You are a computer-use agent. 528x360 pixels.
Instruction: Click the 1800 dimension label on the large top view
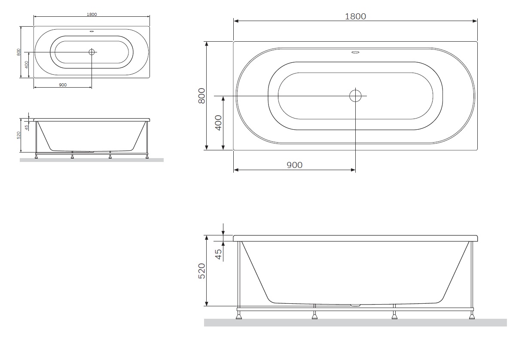click(x=355, y=16)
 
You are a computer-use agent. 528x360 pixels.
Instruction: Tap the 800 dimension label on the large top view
click(x=202, y=96)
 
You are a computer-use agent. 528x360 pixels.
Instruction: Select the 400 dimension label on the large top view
click(x=219, y=122)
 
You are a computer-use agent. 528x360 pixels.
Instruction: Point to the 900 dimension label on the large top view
click(x=294, y=165)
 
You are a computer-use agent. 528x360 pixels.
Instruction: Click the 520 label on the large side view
click(x=202, y=271)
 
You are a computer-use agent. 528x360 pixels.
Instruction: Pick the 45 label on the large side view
click(x=219, y=254)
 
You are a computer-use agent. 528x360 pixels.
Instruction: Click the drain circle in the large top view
click(x=355, y=96)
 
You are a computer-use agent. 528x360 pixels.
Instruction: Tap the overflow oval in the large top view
click(x=355, y=52)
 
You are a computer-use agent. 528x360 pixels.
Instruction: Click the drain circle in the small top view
click(x=92, y=52)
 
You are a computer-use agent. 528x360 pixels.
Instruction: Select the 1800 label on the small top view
click(x=92, y=14)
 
